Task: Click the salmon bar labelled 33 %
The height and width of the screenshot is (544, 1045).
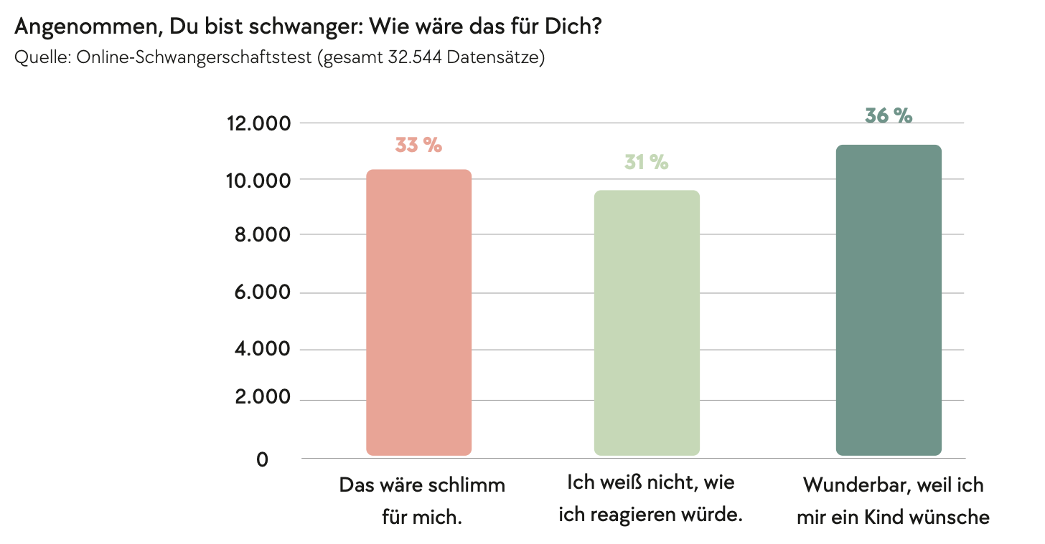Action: pos(418,312)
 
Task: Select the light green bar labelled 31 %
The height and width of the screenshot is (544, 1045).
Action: pos(647,323)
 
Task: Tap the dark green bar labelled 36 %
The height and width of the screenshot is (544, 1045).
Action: pos(889,300)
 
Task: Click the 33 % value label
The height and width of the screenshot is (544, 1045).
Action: pos(418,145)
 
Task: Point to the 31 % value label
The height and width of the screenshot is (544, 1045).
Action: pos(646,163)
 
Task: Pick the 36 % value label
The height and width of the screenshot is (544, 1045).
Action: pos(889,115)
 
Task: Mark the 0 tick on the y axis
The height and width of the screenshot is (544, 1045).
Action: pos(263,459)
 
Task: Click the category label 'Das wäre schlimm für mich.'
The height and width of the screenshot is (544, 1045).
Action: pos(422,500)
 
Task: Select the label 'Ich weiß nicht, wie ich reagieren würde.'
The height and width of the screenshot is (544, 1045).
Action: pos(650,499)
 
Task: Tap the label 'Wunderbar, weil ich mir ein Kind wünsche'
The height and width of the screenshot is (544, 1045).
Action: pos(893,500)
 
